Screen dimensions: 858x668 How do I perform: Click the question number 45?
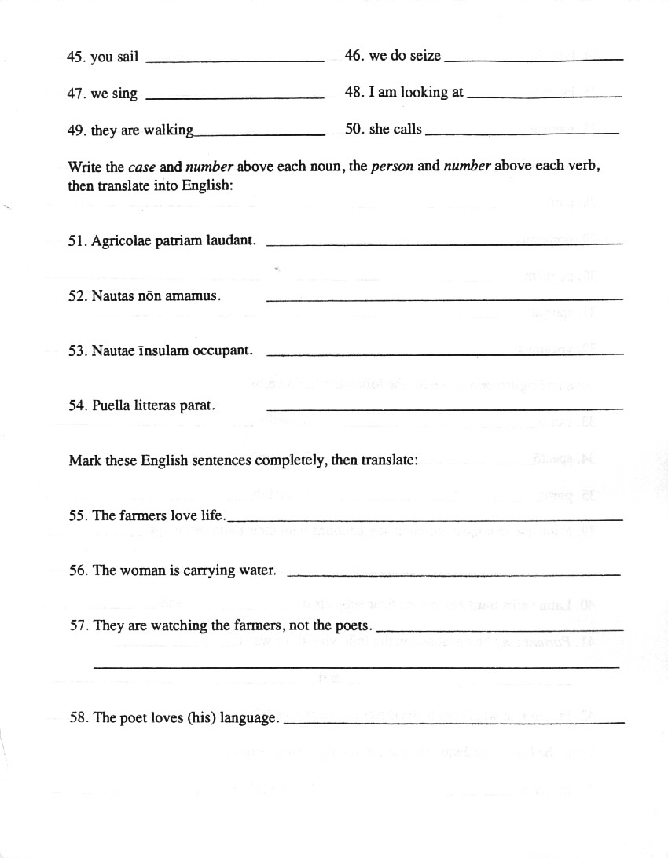[76, 57]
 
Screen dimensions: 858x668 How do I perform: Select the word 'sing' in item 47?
[124, 93]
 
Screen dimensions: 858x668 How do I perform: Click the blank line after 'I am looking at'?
[544, 97]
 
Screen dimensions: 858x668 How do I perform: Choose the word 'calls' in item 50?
[407, 129]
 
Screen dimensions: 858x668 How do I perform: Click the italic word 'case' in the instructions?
[142, 167]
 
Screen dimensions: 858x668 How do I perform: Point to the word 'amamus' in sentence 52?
[193, 296]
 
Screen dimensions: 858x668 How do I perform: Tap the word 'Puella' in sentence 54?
[111, 405]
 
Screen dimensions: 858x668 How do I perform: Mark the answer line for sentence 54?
[444, 409]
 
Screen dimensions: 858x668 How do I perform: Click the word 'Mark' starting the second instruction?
[85, 460]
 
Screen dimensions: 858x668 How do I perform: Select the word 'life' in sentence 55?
[213, 515]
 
